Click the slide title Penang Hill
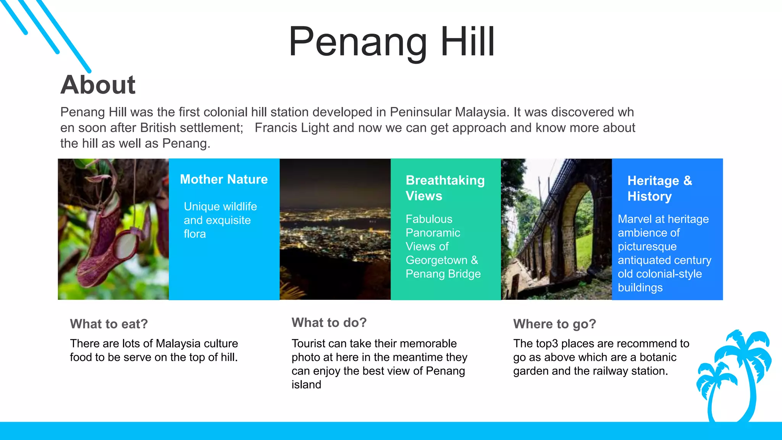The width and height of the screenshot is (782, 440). (x=391, y=42)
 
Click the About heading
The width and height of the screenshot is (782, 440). (x=98, y=85)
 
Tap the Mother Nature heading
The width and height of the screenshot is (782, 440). (x=224, y=179)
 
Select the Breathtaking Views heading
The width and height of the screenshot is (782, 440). (x=445, y=188)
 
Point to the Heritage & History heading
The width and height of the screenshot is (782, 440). (x=659, y=188)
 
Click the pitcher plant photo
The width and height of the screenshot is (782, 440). (x=113, y=229)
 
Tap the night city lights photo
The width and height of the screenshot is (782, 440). (x=335, y=229)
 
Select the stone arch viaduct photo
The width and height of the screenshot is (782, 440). (x=556, y=229)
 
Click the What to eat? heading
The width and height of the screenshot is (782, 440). (x=109, y=324)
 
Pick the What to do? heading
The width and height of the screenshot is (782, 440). (x=329, y=322)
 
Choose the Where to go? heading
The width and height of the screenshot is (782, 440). (x=554, y=324)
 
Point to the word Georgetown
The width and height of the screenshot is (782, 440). (x=436, y=260)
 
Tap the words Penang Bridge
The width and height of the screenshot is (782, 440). (x=443, y=274)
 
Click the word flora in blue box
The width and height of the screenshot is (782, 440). (x=195, y=234)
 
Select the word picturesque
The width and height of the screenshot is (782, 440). (x=647, y=246)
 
